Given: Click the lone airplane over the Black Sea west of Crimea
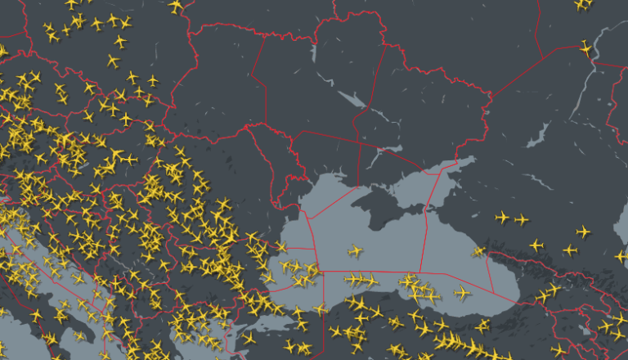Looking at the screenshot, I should [x=355, y=250].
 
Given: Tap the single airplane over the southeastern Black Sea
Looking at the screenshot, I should [x=463, y=292].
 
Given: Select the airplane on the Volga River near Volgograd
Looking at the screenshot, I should [x=585, y=48].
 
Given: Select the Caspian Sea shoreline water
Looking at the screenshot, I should [x=621, y=221].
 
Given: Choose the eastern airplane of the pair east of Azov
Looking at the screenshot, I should [x=521, y=218].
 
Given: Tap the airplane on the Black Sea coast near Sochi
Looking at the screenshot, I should [x=478, y=250].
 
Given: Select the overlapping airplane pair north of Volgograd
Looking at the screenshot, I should [x=582, y=4].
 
